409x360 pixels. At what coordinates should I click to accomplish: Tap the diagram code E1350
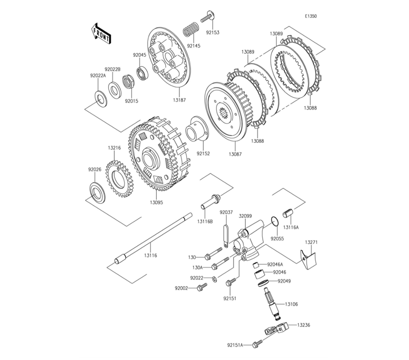pos(310,16)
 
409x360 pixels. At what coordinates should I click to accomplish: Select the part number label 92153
pos(212,32)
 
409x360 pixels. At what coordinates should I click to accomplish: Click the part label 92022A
pos(98,76)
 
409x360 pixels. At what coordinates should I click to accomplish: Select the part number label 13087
pos(235,154)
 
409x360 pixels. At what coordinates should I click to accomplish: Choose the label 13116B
pos(205,221)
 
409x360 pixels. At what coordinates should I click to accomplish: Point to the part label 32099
pos(245,216)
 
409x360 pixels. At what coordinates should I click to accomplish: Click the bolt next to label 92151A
pos(256,345)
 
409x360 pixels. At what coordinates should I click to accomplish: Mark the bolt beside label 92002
pos(200,288)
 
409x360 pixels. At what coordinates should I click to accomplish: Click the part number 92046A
pos(275,265)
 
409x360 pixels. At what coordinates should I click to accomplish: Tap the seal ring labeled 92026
pos(97,191)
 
